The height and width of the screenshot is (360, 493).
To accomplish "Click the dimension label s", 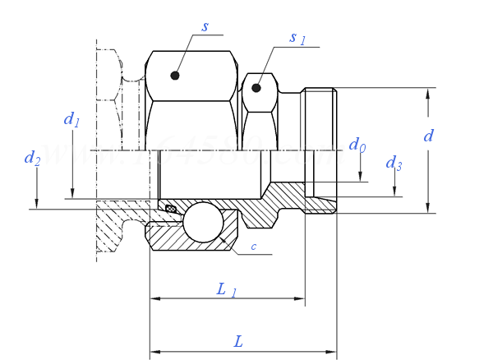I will [205, 27].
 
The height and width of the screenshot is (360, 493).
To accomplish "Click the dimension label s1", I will [297, 38].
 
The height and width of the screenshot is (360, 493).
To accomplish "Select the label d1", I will [72, 120].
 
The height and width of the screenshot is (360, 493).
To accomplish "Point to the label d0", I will [357, 145].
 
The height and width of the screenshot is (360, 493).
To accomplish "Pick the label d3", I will [394, 162].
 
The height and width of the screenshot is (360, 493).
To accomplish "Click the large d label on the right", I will [428, 136].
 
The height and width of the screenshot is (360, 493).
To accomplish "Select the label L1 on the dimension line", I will [226, 289].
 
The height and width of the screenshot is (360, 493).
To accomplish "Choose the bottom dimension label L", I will [238, 339].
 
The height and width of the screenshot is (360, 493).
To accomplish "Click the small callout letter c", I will [254, 247].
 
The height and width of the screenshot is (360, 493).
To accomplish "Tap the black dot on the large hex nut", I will [174, 76].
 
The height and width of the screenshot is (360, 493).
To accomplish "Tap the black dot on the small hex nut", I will [257, 86].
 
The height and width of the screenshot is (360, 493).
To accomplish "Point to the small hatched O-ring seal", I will [171, 209].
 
